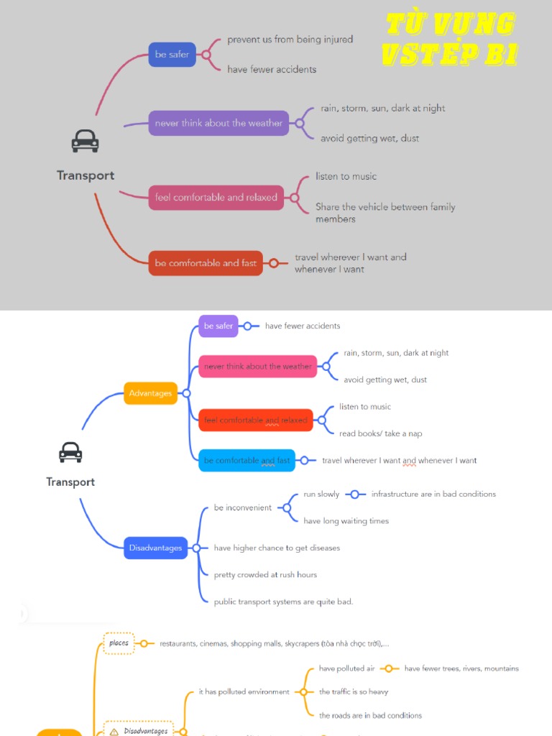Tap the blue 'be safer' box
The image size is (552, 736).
[172, 55]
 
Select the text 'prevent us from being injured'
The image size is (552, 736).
[290, 40]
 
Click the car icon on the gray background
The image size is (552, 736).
[85, 141]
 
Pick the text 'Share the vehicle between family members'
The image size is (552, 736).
[385, 213]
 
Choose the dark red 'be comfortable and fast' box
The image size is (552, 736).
[206, 263]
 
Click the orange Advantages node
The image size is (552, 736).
[150, 393]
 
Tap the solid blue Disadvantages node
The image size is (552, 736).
[156, 548]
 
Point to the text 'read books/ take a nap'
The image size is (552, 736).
[381, 433]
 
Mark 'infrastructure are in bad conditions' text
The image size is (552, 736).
[433, 494]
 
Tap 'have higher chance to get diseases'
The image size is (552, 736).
[277, 548]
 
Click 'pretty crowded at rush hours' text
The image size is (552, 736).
[265, 574]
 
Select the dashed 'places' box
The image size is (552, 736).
[119, 643]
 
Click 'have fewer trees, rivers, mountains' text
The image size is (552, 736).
[461, 668]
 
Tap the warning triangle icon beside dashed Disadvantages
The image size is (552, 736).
[114, 731]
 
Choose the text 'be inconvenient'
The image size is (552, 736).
[243, 507]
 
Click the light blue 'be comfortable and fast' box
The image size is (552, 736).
[247, 461]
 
